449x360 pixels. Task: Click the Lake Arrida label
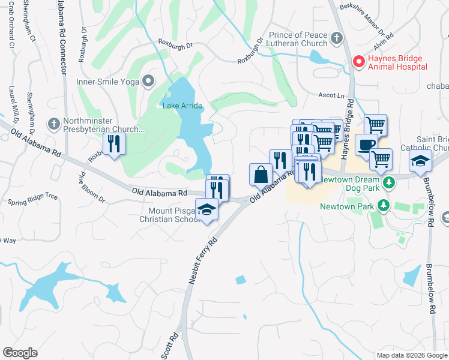tap(182, 106)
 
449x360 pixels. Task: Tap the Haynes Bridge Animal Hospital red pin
tap(358, 61)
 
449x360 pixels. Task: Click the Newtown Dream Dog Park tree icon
tap(388, 181)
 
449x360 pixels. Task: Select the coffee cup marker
tap(366, 145)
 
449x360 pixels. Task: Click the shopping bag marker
tap(261, 175)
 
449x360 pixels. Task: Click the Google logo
tap(20, 352)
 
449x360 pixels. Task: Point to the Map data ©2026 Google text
tap(411, 355)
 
